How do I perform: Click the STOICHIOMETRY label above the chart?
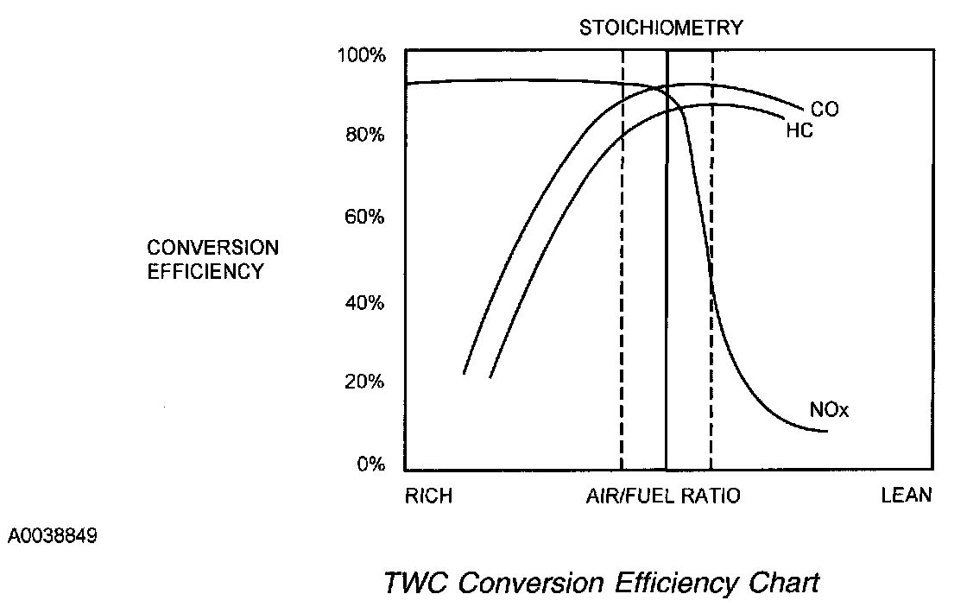pos(660,28)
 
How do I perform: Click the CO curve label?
pos(824,110)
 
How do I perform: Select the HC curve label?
pos(800,131)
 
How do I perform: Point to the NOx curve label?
pos(830,410)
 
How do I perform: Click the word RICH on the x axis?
pos(428,496)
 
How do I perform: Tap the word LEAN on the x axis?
pos(906,496)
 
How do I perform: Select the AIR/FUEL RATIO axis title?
pos(663,496)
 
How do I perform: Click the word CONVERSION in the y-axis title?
pos(212,248)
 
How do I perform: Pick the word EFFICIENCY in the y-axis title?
pos(205,271)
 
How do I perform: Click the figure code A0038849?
pos(53,536)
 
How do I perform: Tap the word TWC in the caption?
pos(416,583)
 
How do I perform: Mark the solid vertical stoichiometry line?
pos(667,302)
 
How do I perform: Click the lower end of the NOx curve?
pos(826,431)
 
